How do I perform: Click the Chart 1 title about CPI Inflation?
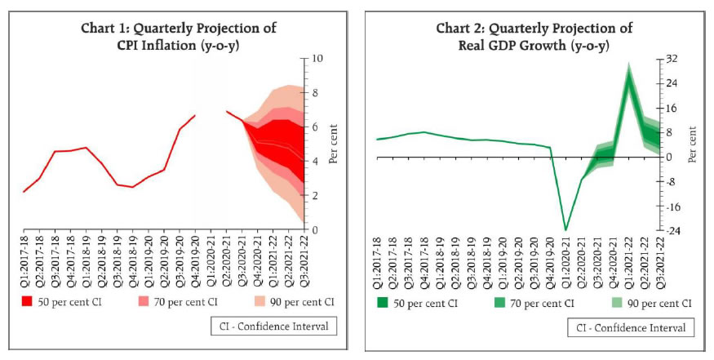pyautogui.click(x=178, y=36)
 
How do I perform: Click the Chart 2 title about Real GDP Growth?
pyautogui.click(x=534, y=36)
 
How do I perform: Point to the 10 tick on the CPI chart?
pyautogui.click(x=317, y=59)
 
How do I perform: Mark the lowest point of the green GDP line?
pyautogui.click(x=566, y=229)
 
